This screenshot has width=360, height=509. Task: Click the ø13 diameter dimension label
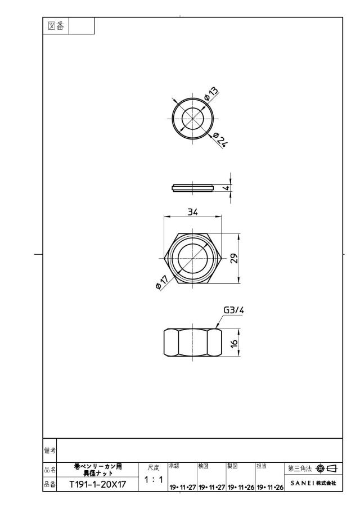pos(211,94)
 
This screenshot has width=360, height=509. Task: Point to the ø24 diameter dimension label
pos(219,140)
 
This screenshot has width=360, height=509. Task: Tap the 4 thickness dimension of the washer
pos(227,188)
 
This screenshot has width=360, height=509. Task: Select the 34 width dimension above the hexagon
pos(192,212)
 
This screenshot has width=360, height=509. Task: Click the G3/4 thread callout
pos(234,310)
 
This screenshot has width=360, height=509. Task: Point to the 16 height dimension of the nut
pos(235,343)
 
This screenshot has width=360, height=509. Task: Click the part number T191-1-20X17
pos(98,484)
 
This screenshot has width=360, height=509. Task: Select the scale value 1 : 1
pos(153,479)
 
